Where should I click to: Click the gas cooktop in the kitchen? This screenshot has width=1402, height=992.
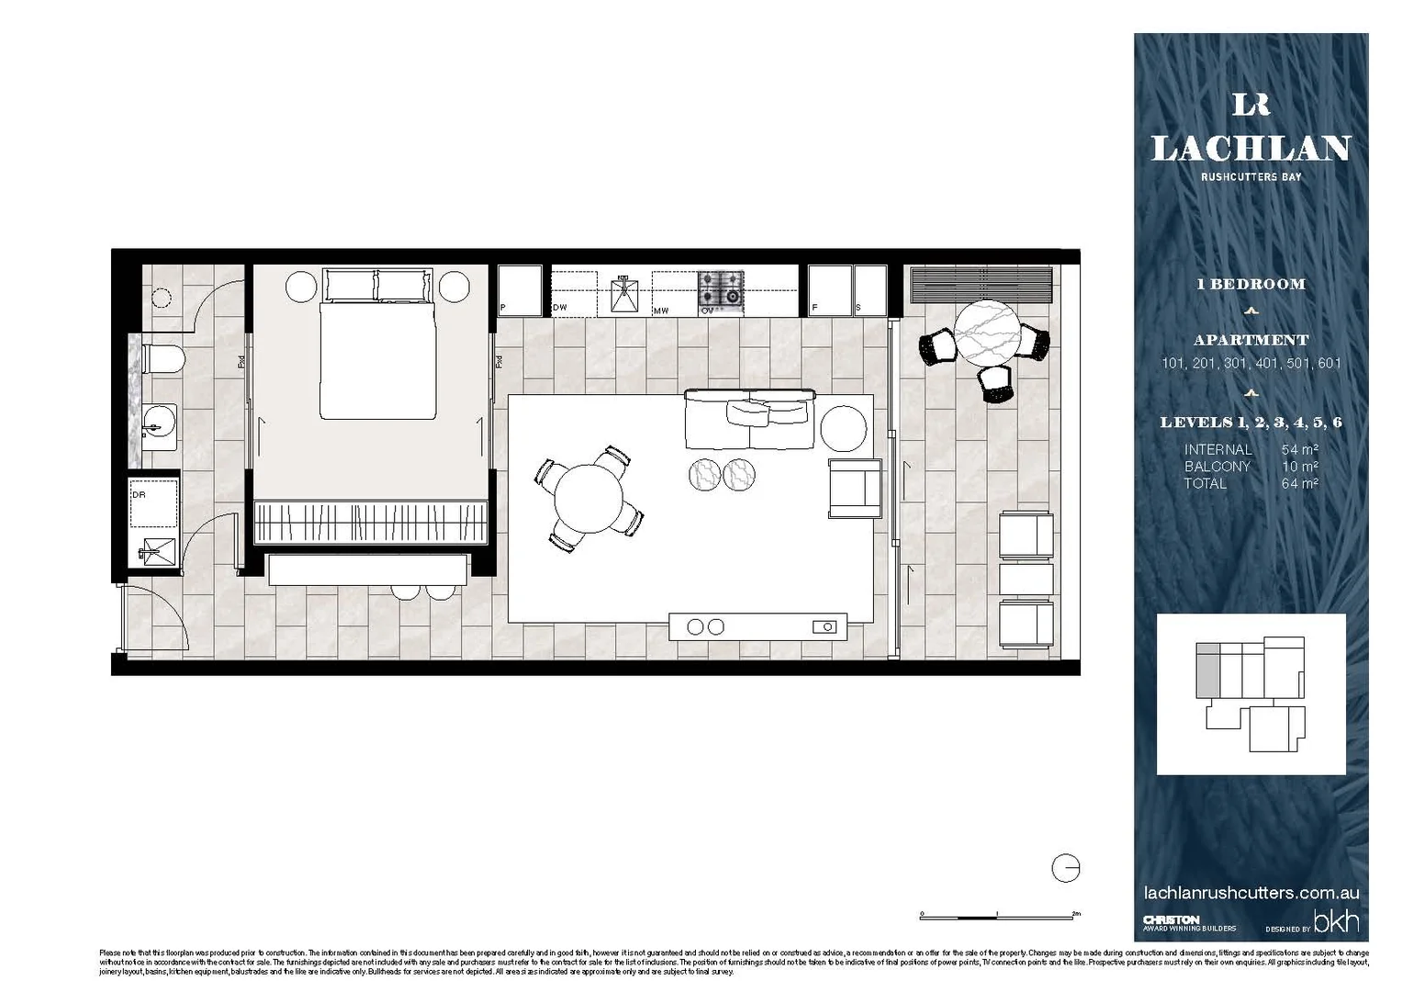tap(721, 288)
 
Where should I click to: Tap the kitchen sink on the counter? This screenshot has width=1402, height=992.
tap(624, 293)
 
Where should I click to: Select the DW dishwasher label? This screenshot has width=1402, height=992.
tap(560, 308)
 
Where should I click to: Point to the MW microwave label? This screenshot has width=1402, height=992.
tap(661, 310)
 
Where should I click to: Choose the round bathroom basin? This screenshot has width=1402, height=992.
tap(160, 423)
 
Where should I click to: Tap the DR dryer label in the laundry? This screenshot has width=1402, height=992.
tap(139, 495)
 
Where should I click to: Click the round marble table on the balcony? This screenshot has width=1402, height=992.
tap(987, 332)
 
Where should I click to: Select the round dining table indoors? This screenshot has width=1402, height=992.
tap(589, 497)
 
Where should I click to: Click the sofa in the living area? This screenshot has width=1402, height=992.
tap(749, 419)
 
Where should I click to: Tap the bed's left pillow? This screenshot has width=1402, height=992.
tap(350, 285)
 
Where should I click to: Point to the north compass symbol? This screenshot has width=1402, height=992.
tap(1065, 868)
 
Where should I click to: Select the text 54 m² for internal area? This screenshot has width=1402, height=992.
tap(1299, 450)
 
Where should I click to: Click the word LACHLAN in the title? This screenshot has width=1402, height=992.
tap(1251, 149)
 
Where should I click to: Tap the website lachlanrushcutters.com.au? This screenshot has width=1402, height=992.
tap(1251, 893)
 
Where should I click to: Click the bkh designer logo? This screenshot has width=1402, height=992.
tap(1336, 921)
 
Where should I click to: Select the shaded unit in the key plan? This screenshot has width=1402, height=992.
tap(1207, 674)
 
